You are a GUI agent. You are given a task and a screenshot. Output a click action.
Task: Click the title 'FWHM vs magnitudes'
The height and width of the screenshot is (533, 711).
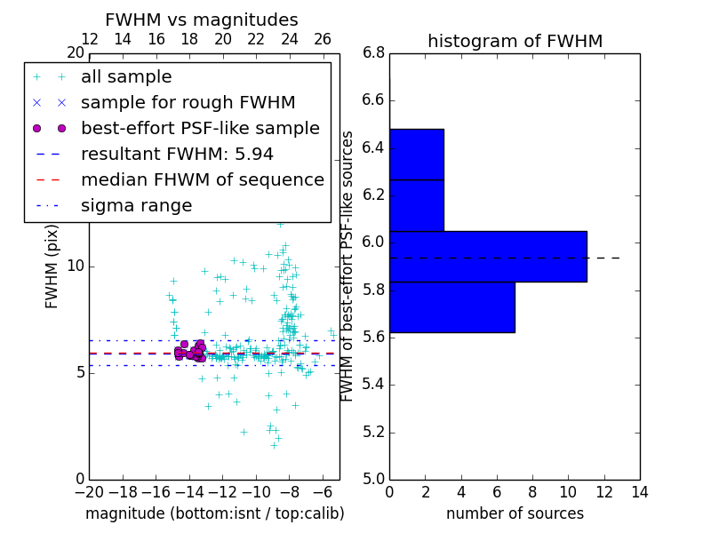pyautogui.click(x=201, y=20)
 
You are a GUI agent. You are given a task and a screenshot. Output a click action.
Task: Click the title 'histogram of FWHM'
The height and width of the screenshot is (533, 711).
pyautogui.click(x=515, y=41)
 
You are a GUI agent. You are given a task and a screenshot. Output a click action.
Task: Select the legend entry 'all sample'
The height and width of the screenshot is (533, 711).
pyautogui.click(x=126, y=77)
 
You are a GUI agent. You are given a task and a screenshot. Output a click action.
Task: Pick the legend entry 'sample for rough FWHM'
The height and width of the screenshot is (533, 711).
pyautogui.click(x=188, y=102)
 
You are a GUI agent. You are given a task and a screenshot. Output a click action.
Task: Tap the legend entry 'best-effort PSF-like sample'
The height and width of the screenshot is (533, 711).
pyautogui.click(x=200, y=128)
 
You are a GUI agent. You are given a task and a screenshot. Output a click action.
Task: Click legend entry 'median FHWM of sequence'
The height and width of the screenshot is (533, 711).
pyautogui.click(x=202, y=179)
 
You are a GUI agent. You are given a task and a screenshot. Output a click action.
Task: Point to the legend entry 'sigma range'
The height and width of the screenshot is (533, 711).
pyautogui.click(x=136, y=205)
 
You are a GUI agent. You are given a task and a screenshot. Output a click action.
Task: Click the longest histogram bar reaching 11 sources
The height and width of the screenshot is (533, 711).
pyautogui.click(x=488, y=256)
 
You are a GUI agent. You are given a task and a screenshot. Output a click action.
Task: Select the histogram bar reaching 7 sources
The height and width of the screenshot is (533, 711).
pyautogui.click(x=451, y=306)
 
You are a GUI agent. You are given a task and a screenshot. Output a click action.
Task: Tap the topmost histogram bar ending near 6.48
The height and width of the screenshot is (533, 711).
pyautogui.click(x=416, y=154)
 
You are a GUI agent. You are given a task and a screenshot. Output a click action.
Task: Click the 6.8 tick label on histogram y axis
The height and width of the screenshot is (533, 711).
pyautogui.click(x=373, y=52)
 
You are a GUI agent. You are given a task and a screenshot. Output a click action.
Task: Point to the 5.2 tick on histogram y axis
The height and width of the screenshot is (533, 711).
pyautogui.click(x=373, y=432)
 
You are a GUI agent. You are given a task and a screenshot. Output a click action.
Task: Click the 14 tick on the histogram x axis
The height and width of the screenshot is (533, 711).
pyautogui.click(x=639, y=491)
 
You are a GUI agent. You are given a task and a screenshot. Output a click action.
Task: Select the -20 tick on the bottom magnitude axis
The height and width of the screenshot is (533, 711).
pyautogui.click(x=89, y=491)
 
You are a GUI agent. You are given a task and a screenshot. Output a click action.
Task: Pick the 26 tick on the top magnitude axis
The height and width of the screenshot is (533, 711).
pyautogui.click(x=323, y=39)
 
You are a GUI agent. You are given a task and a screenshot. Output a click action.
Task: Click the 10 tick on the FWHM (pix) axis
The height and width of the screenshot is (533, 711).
pyautogui.click(x=75, y=266)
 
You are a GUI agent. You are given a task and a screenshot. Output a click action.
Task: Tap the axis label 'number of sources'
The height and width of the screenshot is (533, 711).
pyautogui.click(x=515, y=513)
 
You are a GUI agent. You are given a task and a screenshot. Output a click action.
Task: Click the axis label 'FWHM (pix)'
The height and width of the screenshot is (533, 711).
pyautogui.click(x=52, y=266)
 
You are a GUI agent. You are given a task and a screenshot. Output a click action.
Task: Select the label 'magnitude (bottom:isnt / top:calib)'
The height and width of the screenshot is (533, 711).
pyautogui.click(x=214, y=513)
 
